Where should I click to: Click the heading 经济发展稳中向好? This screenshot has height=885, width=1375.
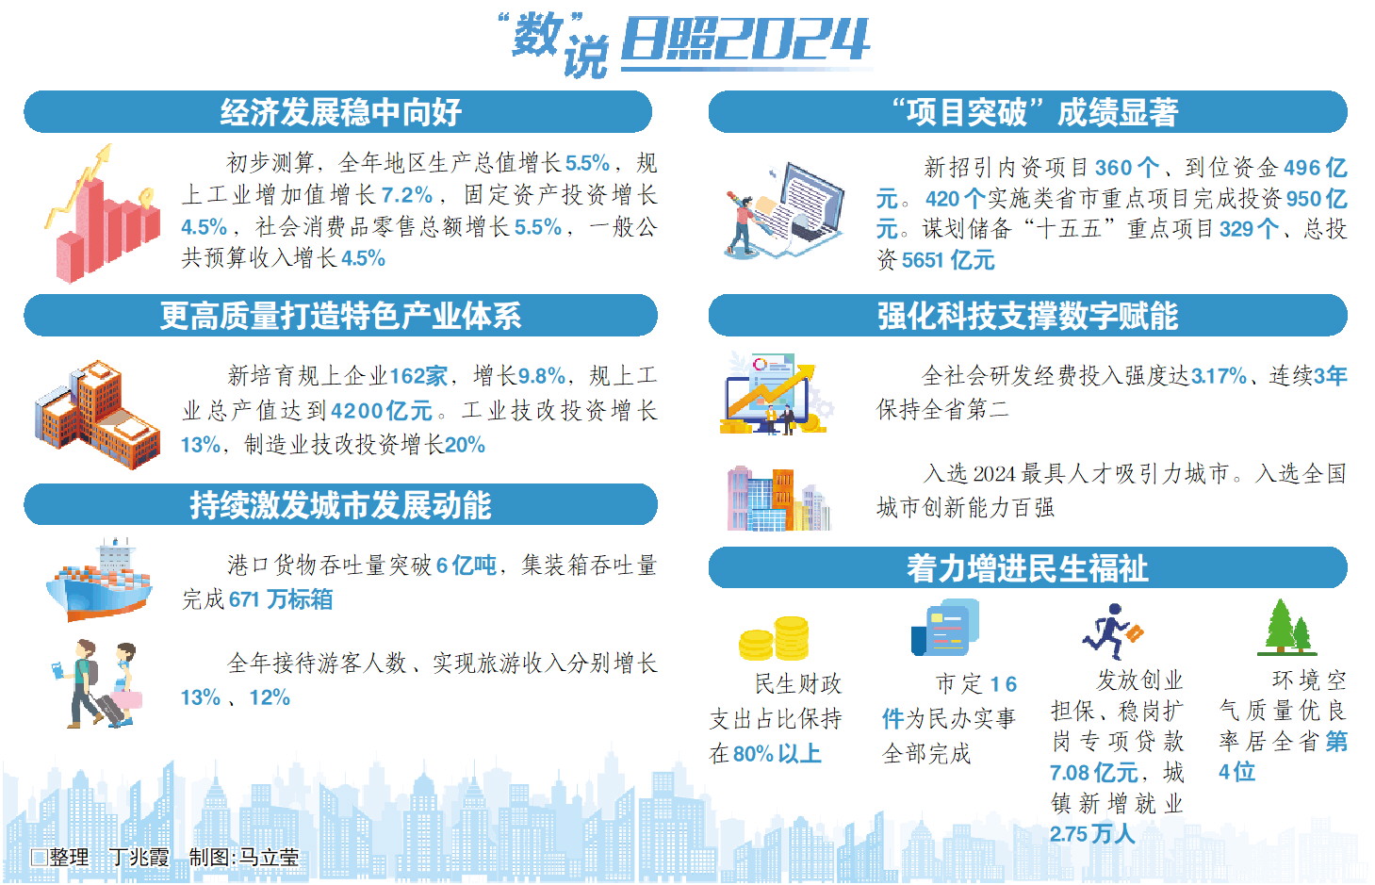coord(340,112)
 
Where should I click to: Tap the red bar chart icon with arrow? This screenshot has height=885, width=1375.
coord(103,214)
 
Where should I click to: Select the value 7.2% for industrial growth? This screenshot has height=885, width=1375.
coord(406,195)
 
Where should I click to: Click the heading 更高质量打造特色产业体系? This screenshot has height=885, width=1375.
coord(340,316)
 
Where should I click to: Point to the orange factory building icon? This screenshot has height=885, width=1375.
coord(98,415)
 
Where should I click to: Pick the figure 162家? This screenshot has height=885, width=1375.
coord(418,376)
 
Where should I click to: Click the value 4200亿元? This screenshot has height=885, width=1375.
coord(381,411)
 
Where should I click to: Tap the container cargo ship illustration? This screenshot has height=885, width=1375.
coord(100,580)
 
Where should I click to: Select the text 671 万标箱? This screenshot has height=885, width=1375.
coord(281,599)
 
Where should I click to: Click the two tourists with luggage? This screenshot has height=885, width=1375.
coord(99,683)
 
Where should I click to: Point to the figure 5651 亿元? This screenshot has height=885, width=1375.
coord(948,260)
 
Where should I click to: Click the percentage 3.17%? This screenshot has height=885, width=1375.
coord(1219,376)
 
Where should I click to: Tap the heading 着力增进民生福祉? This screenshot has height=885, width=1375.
coord(1027,567)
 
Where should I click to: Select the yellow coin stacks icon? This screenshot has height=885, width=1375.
coord(774,638)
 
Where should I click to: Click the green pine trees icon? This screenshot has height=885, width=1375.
coord(1287,627)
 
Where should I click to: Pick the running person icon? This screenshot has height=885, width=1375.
coord(1112,631)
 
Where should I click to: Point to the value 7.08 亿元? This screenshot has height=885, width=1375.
coord(1094,773)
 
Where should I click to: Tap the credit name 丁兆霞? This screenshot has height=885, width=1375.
coord(139,858)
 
